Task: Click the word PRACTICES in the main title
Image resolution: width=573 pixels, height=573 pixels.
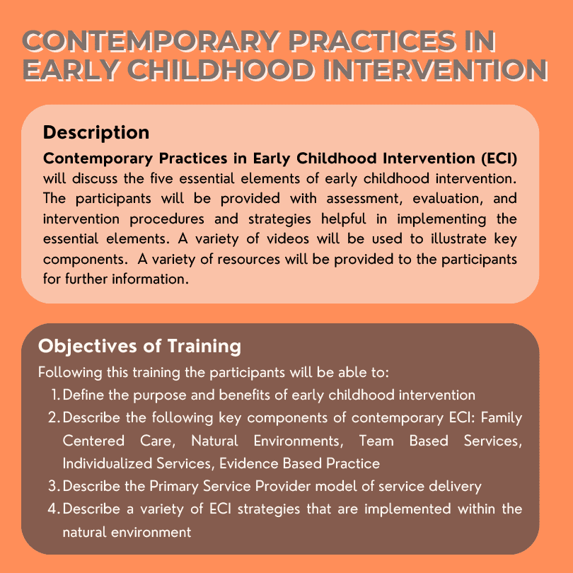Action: pyautogui.click(x=373, y=41)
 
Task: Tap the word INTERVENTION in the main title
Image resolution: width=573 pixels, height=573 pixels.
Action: pyautogui.click(x=435, y=70)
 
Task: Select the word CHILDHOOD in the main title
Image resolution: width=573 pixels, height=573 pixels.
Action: pyautogui.click(x=220, y=70)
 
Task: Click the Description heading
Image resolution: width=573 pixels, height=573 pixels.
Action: pyautogui.click(x=96, y=133)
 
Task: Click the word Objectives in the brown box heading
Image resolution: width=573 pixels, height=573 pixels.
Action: pyautogui.click(x=88, y=347)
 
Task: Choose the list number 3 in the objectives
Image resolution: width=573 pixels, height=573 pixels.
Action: pyautogui.click(x=54, y=486)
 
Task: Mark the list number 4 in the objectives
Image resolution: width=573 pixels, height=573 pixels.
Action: pyautogui.click(x=54, y=509)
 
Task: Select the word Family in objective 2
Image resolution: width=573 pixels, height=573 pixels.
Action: pyautogui.click(x=502, y=418)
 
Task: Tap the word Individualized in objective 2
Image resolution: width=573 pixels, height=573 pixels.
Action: pyautogui.click(x=108, y=463)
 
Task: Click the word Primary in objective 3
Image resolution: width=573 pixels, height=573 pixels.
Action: pyautogui.click(x=174, y=487)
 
